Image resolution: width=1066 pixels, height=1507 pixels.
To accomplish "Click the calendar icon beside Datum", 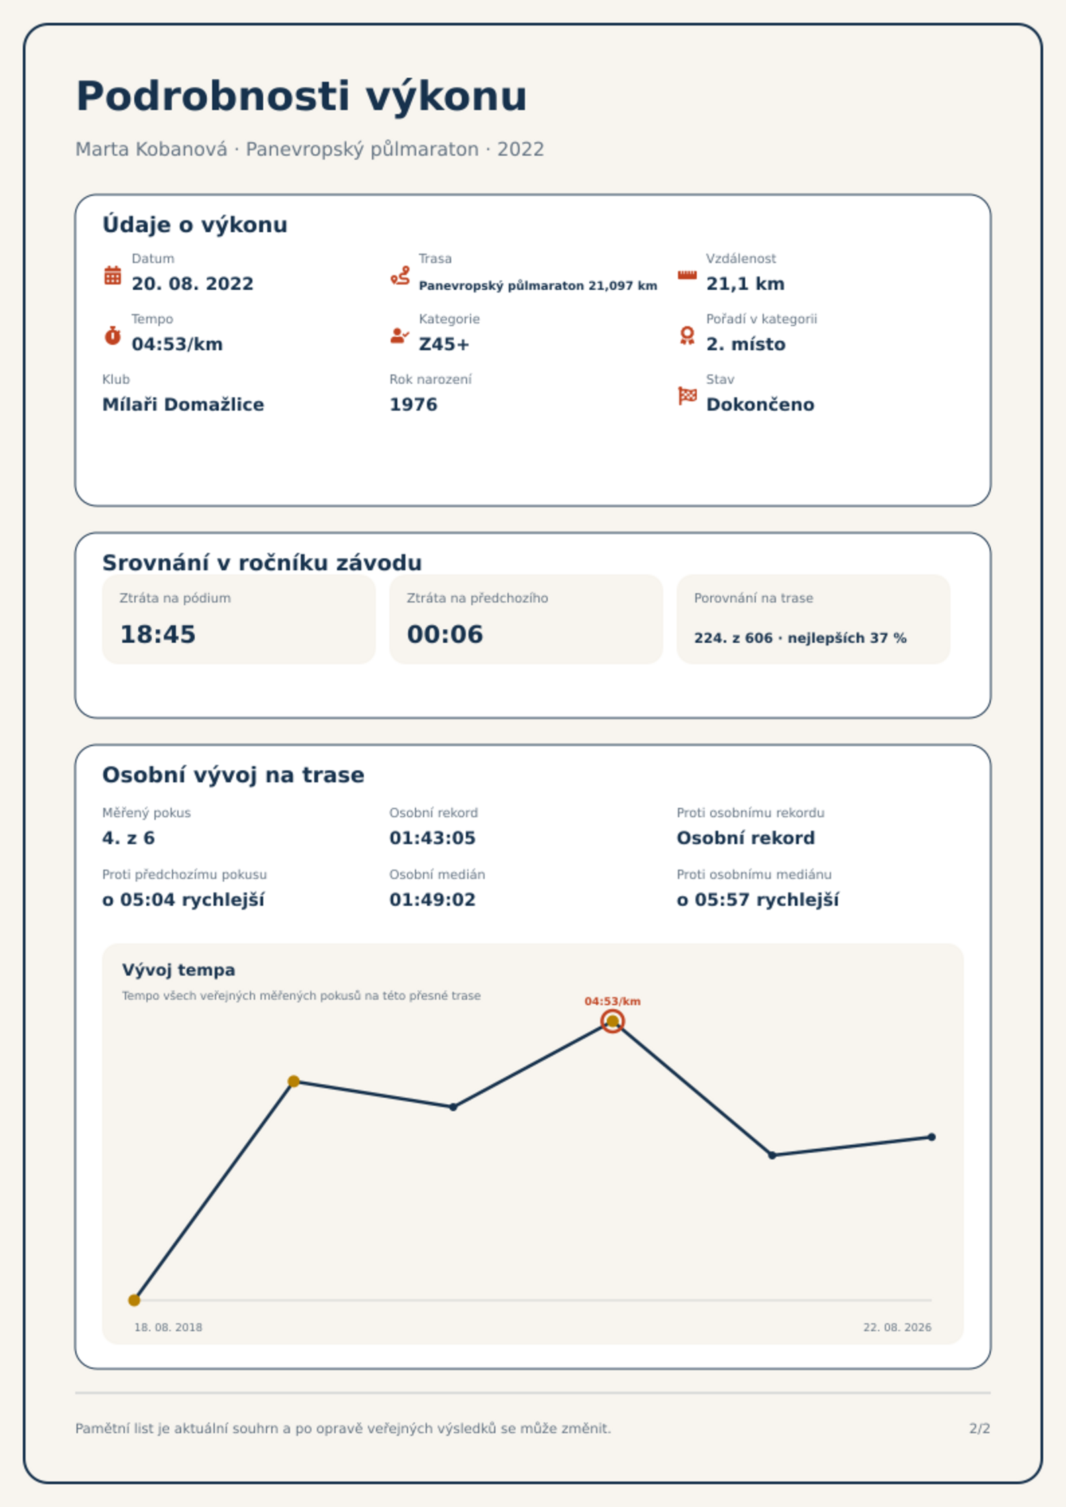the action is pos(113,275).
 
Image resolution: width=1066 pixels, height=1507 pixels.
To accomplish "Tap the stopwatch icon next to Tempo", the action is pos(113,335).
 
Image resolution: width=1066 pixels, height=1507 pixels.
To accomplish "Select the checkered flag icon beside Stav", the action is pos(687,396).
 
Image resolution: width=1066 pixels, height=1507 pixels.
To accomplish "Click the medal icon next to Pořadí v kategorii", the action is pos(687,335).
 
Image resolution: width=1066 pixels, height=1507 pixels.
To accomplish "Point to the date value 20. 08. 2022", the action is pos(193,284).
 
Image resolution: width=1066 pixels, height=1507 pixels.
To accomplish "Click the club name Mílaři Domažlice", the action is pos(183,405).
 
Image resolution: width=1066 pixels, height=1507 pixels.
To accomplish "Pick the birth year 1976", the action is pos(414,405).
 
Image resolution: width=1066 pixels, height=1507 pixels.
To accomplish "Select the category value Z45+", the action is pos(444,344).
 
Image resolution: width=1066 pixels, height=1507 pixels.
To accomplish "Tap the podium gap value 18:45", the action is pos(158,634).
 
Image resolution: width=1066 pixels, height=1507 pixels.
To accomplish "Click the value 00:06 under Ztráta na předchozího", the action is pos(445,634).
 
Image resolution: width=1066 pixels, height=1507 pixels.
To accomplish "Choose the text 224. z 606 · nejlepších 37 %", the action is pos(800,638).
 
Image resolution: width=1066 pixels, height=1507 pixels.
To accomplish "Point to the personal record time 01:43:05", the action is pos(432,838).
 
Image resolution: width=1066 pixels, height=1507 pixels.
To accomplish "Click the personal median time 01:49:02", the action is pos(432,900).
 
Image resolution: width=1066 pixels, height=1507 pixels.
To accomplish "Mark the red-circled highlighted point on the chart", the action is pos(612,1021).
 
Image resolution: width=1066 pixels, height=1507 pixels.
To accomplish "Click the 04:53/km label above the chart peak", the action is pos(612,1001).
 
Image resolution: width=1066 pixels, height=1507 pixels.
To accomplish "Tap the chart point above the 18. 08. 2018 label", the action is pos(134,1300).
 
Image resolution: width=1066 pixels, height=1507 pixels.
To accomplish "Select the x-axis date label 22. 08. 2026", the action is pos(897,1327).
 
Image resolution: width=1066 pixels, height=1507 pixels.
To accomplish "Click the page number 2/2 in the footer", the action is pos(979,1428).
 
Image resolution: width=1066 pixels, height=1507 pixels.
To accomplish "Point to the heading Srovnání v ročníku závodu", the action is pos(262,563).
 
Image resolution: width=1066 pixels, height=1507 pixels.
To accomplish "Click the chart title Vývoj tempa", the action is pos(179,970).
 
